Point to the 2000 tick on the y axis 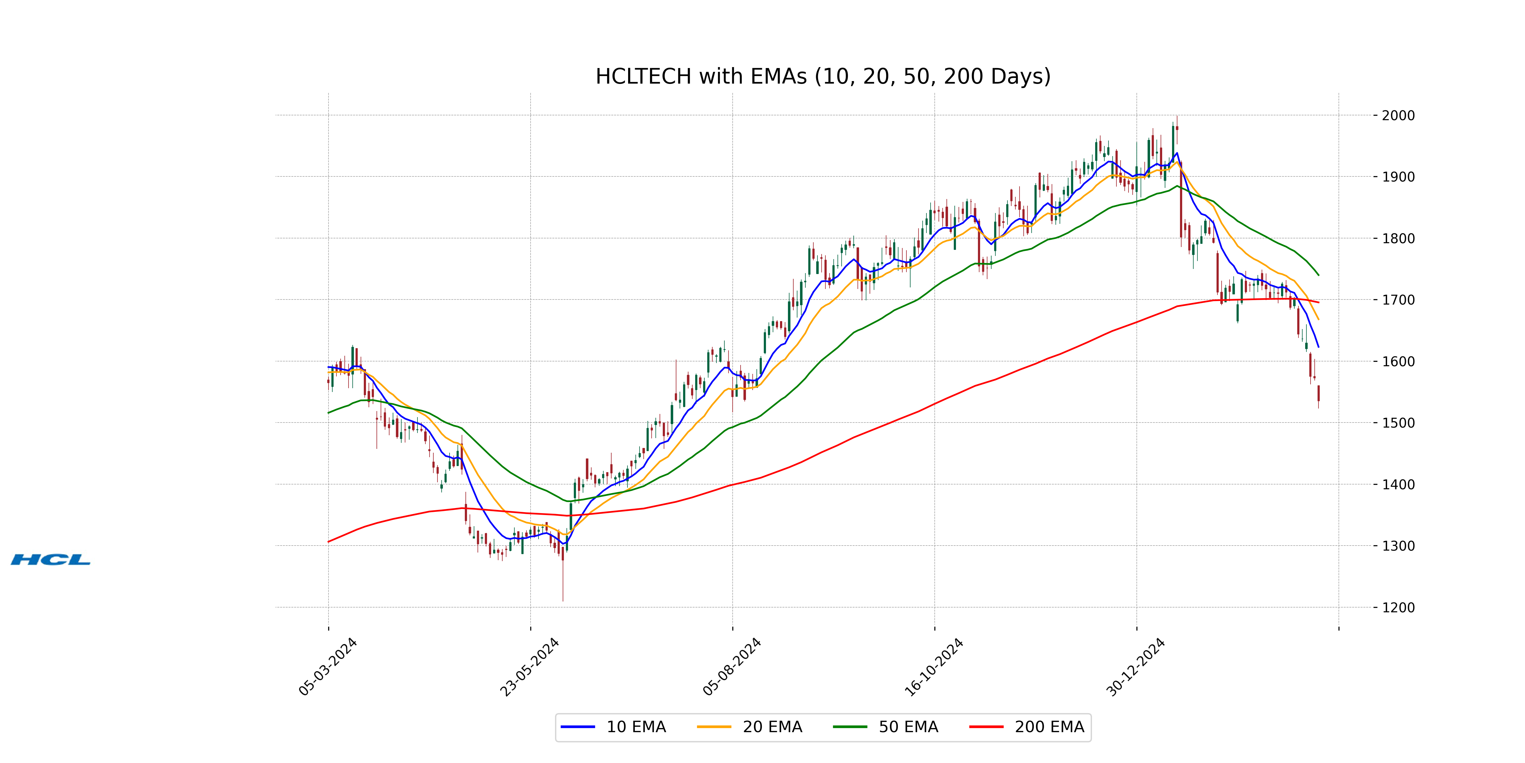point(1398,115)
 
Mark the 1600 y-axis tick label point(1398,361)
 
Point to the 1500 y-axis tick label point(1398,423)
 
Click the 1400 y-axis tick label point(1398,485)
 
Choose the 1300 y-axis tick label point(1398,546)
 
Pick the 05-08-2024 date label point(732,667)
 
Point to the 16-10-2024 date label point(934,667)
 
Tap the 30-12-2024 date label point(1136,667)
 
